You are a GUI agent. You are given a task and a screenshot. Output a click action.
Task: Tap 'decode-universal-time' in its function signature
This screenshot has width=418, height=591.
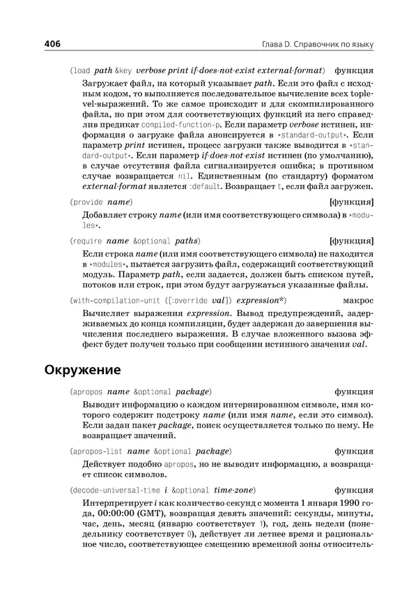[112, 489]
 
